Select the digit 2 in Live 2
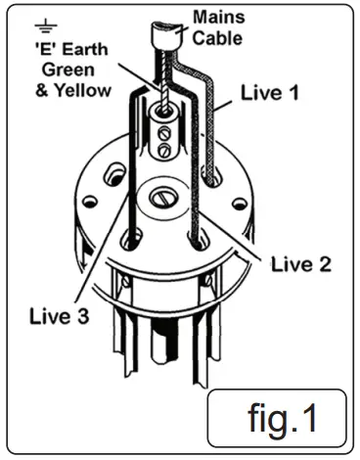pos(324,263)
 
